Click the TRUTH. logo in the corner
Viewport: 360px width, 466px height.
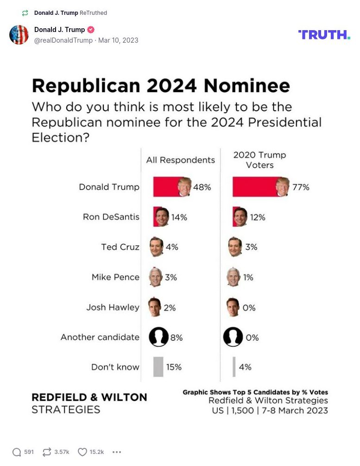point(324,35)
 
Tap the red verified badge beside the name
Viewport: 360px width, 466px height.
point(91,30)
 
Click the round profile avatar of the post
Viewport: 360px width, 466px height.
point(19,35)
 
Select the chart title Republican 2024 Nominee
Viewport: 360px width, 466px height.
point(160,86)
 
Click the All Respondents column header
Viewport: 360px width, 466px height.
point(180,160)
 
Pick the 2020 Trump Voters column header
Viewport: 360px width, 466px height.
point(259,160)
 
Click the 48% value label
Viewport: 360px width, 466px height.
point(202,187)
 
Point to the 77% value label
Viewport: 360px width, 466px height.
point(301,187)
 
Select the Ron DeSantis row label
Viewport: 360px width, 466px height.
point(111,217)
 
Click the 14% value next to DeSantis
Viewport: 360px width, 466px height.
point(179,217)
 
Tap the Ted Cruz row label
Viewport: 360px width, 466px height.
point(120,247)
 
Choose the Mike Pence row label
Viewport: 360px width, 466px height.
point(115,277)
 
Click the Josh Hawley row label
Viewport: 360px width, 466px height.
point(113,307)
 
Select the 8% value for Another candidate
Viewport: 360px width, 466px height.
point(176,338)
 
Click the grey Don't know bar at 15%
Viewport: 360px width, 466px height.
point(158,367)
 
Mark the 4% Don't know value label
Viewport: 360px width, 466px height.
point(245,367)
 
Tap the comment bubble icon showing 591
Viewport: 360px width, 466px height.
point(17,452)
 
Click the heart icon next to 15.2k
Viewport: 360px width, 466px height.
point(82,452)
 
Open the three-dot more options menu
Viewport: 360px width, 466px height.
point(117,452)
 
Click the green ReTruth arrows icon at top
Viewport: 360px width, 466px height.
point(25,13)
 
